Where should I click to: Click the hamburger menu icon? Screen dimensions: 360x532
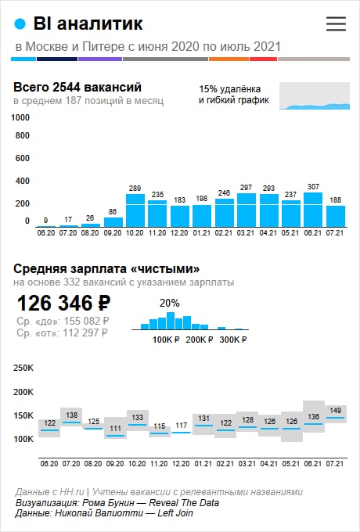[x=336, y=23]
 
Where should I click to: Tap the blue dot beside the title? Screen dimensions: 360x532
[x=20, y=24]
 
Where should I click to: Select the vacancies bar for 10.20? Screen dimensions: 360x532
[x=135, y=210]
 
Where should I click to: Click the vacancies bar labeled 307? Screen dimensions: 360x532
[x=313, y=210]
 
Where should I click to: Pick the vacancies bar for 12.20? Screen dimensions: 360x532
[x=180, y=216]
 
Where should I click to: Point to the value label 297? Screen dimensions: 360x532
[x=246, y=187]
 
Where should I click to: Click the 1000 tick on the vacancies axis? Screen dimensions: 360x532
[x=20, y=117]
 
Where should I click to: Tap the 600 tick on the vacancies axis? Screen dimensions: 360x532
[x=23, y=158]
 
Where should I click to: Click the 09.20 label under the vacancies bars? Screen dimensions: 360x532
[x=113, y=233]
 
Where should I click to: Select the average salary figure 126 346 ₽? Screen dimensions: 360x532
[x=64, y=303]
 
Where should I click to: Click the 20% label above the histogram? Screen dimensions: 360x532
[x=170, y=303]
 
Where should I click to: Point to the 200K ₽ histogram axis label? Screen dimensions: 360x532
[x=199, y=340]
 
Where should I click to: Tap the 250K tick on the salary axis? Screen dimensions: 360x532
[x=23, y=368]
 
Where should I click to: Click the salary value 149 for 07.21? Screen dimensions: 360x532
[x=335, y=411]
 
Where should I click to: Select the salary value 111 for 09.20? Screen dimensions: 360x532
[x=115, y=428]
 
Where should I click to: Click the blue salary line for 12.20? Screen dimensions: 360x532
[x=182, y=433]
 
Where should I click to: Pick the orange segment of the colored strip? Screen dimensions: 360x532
[x=229, y=59]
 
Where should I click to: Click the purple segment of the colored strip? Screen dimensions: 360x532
[x=100, y=59]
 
